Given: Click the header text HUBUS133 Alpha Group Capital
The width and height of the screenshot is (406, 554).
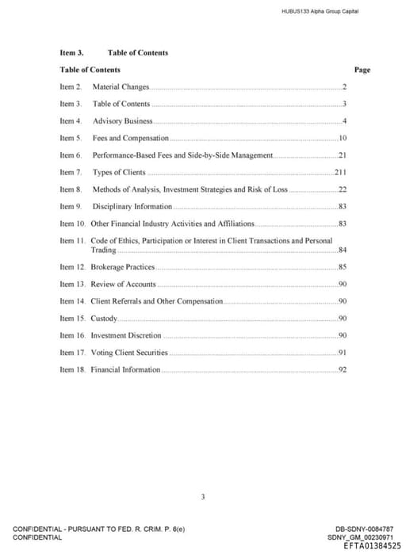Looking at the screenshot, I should [320, 11].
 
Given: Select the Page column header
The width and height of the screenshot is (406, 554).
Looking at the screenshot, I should [362, 70].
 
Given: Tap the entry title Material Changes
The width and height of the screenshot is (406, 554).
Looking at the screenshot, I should [121, 86].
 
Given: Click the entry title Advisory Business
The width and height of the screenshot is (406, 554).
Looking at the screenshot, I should [122, 120].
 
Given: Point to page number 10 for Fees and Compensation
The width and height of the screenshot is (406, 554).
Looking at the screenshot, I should [343, 138].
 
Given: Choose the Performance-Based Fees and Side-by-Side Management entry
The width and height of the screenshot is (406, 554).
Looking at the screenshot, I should [182, 155].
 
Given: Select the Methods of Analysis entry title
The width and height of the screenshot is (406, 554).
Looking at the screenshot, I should [190, 189].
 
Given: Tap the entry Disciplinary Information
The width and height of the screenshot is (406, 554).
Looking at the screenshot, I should [132, 206].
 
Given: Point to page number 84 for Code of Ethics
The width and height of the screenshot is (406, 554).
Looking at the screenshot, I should [343, 250].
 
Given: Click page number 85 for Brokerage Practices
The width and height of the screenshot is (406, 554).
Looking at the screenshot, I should [343, 267].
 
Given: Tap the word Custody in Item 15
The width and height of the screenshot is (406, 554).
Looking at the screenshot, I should [104, 318].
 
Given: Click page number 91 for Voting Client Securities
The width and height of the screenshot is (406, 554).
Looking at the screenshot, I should [343, 353].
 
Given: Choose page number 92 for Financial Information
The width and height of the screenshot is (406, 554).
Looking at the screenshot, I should [343, 369].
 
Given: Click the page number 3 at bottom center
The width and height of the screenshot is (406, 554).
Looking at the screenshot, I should [203, 497].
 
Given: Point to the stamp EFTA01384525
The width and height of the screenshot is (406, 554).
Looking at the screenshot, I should [372, 546].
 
